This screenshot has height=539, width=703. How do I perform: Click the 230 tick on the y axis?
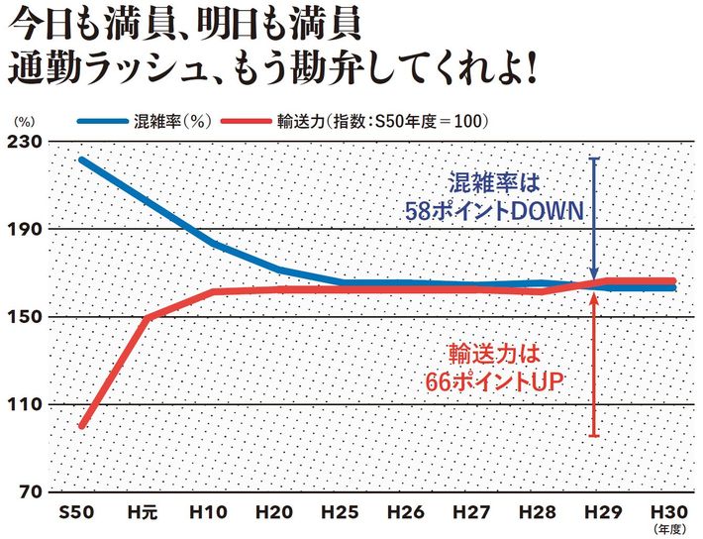[x=24, y=142]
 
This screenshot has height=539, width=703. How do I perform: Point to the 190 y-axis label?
[x=24, y=229]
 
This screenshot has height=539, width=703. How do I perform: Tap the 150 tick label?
[x=24, y=317]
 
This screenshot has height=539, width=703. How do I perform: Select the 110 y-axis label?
[x=24, y=404]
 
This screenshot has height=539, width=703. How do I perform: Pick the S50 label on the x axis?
[x=76, y=512]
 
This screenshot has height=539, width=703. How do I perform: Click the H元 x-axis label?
[x=143, y=512]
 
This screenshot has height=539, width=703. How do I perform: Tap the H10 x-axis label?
[x=209, y=512]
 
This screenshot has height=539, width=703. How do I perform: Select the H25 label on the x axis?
[x=341, y=512]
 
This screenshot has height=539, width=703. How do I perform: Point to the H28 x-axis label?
[x=538, y=512]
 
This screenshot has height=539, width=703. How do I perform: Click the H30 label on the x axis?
[x=669, y=512]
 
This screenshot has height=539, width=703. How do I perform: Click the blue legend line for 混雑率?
[x=103, y=121]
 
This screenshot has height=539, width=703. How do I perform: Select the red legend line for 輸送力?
[x=247, y=121]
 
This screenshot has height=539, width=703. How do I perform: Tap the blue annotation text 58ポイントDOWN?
[x=494, y=211]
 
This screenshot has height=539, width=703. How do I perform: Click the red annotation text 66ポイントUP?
[x=494, y=381]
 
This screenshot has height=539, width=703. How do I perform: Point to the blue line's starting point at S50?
[x=81, y=160]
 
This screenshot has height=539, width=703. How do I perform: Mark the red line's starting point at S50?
[x=81, y=425]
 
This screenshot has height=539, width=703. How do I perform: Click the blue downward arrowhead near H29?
[x=594, y=274]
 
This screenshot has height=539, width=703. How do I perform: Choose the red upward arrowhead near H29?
[x=594, y=298]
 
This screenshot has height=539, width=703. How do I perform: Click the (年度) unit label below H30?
[x=669, y=529]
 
